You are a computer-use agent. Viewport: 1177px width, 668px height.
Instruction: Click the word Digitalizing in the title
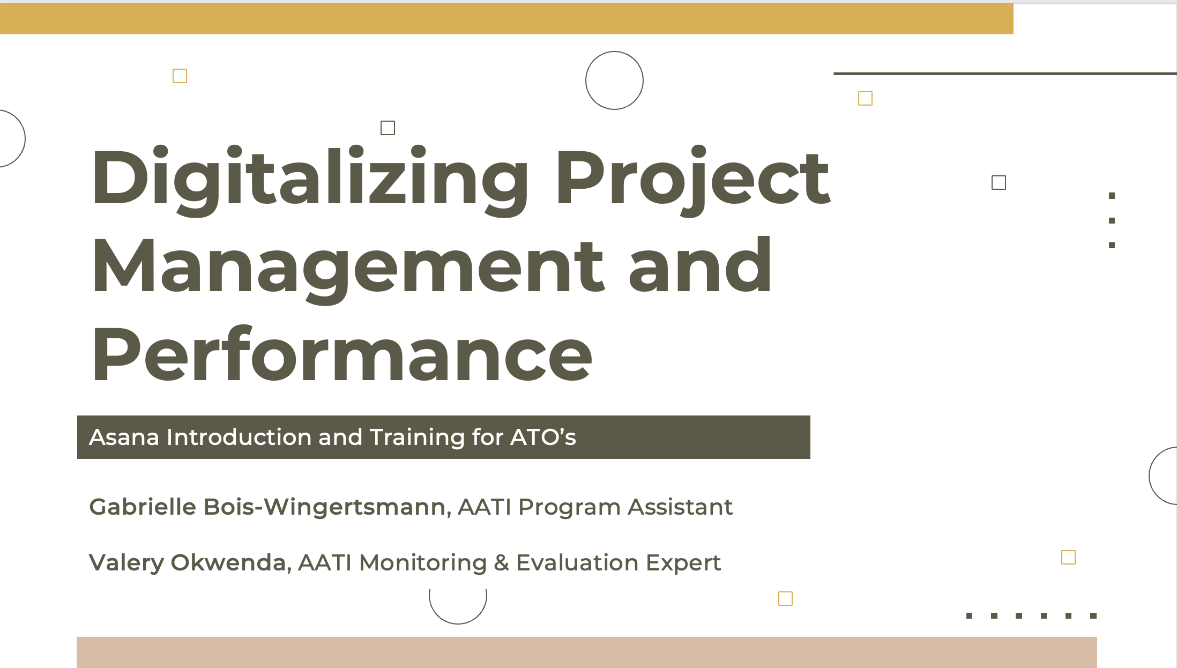click(310, 180)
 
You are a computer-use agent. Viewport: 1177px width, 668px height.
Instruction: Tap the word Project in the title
click(693, 180)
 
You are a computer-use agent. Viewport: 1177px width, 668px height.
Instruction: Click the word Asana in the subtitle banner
click(124, 437)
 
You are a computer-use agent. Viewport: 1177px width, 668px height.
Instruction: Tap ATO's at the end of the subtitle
click(543, 437)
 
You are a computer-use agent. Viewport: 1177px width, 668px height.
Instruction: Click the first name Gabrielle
click(143, 507)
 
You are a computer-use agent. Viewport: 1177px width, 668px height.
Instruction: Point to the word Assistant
click(680, 507)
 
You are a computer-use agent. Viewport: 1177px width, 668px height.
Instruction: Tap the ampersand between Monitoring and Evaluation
click(501, 563)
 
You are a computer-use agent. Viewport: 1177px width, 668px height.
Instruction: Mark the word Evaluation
click(577, 563)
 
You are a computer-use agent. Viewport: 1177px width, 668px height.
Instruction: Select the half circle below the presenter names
click(458, 624)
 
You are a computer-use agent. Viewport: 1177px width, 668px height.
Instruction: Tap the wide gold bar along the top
click(506, 19)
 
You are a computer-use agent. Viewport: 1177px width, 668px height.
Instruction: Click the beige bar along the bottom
click(587, 652)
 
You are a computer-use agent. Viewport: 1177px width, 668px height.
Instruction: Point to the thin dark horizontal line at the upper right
click(1005, 73)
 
